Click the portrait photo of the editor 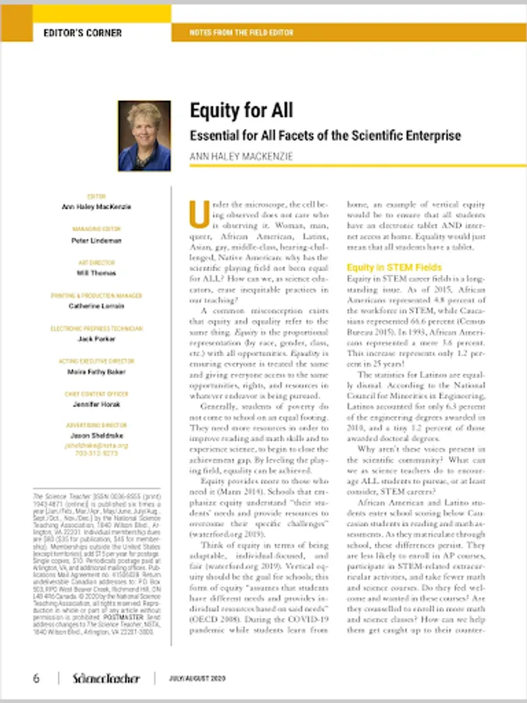144,136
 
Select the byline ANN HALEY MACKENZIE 242,157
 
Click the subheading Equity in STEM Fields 383,267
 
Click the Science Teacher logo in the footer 106,677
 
